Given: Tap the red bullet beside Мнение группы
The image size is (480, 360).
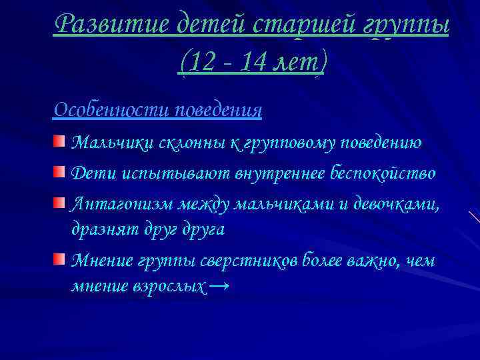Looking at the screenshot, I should coord(60,258).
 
